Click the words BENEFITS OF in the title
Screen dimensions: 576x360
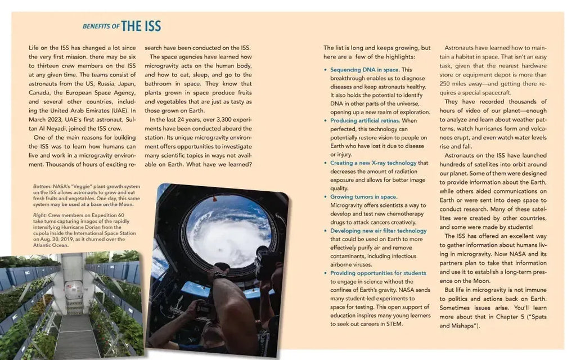pos(101,26)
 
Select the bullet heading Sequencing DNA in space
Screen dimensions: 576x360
pos(364,70)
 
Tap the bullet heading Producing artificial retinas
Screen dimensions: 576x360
pos(364,120)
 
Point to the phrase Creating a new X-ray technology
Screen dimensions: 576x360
pos(373,163)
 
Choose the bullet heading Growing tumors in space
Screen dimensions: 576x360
pos(364,197)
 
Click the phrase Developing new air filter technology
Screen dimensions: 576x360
pos(379,231)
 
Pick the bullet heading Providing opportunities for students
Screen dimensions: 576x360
pos(378,273)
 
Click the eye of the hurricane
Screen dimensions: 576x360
pos(220,250)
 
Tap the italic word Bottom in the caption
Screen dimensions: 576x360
pos(42,187)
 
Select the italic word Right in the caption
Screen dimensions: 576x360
pos(40,215)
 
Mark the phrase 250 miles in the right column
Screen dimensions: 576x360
pos(453,84)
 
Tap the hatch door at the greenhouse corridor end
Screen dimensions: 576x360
pos(74,289)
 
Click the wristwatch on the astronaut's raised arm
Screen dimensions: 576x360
pos(219,274)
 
